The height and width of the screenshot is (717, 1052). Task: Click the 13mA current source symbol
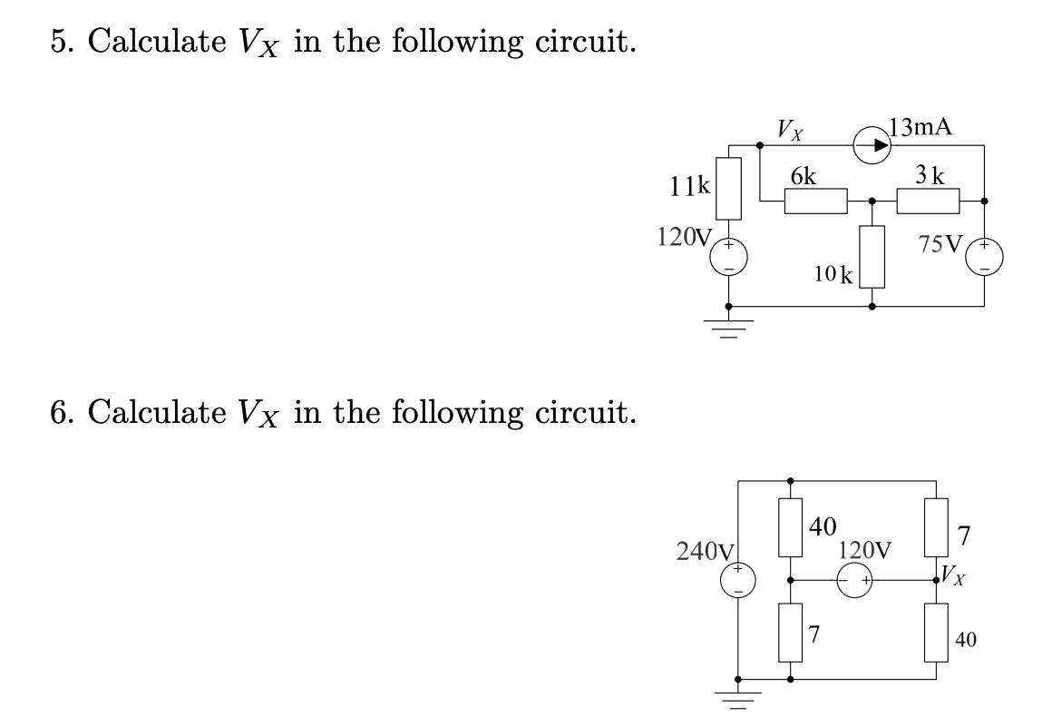coord(870,144)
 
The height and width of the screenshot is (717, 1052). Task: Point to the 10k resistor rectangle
coord(872,256)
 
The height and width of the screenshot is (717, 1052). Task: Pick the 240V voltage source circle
coord(738,581)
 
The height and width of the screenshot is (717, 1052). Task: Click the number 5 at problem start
coord(57,43)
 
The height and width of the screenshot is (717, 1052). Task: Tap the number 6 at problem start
coord(57,413)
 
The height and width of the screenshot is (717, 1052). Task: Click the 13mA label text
coord(922,126)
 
